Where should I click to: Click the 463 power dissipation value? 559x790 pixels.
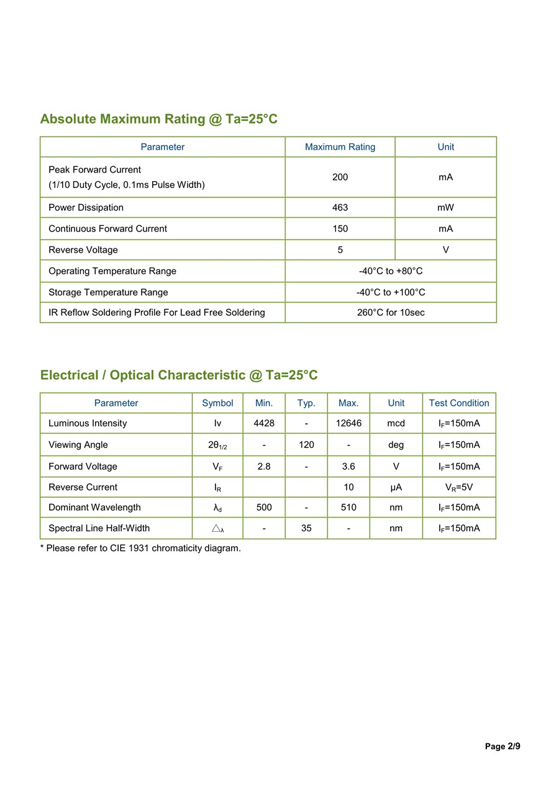(x=340, y=207)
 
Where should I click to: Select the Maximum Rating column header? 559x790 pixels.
(x=340, y=147)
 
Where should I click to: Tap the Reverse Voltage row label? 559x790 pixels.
(x=83, y=250)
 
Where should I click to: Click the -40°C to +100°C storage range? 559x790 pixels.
(x=391, y=292)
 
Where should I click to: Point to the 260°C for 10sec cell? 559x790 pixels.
(x=391, y=313)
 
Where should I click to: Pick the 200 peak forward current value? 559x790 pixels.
(x=340, y=177)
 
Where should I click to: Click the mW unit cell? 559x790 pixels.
(x=445, y=207)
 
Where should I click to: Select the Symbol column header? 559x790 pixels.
(x=217, y=403)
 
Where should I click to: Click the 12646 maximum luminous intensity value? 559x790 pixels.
(x=348, y=423)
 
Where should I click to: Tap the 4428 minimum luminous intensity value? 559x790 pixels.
(x=264, y=423)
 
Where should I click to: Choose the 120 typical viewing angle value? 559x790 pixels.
(x=306, y=445)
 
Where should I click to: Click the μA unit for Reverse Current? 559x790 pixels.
(x=396, y=487)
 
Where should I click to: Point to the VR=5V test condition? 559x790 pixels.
(x=459, y=487)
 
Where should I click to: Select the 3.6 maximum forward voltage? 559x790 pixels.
(x=348, y=466)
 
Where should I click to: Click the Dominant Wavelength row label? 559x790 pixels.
(x=94, y=508)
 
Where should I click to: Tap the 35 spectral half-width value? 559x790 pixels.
(x=306, y=528)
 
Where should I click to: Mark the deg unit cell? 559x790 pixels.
(x=396, y=445)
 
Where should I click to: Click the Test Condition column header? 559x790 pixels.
(x=459, y=403)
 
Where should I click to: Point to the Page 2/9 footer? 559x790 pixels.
(x=502, y=747)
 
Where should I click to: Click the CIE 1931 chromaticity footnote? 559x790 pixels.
(x=140, y=549)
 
